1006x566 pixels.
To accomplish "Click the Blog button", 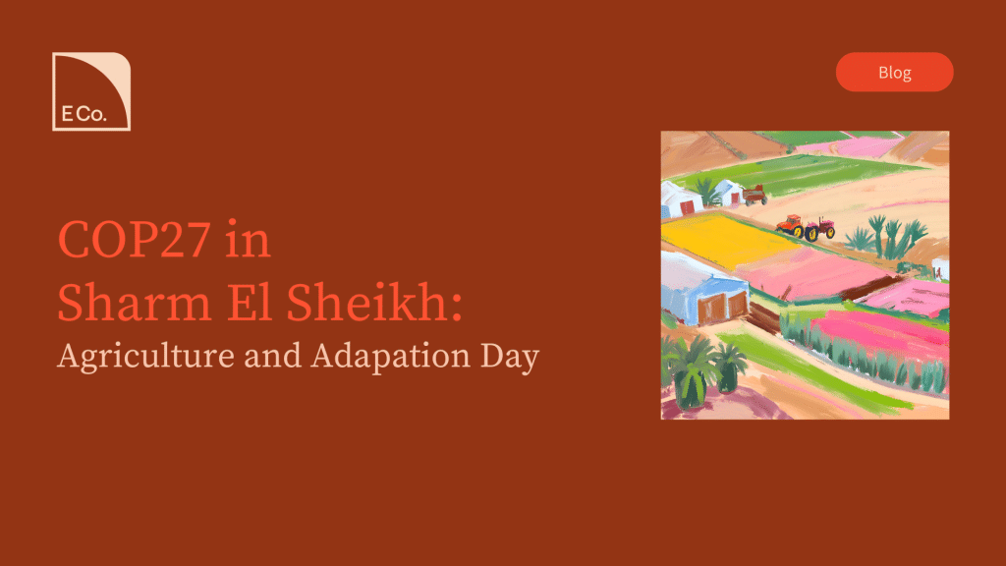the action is (894, 72).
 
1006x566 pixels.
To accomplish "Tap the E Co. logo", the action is (91, 91).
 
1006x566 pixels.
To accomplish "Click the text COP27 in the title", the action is (134, 240).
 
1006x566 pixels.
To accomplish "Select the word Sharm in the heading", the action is (134, 303).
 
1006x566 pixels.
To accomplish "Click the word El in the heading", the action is (249, 302).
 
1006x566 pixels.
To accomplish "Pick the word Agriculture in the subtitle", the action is (145, 357).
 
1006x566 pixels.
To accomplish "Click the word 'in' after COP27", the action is (248, 240).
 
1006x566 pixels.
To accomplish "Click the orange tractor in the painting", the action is (791, 226).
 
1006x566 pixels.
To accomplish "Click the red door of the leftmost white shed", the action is (687, 207).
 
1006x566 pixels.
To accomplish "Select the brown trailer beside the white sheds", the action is (755, 195).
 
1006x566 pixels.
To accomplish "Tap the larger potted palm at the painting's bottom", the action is (691, 371).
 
